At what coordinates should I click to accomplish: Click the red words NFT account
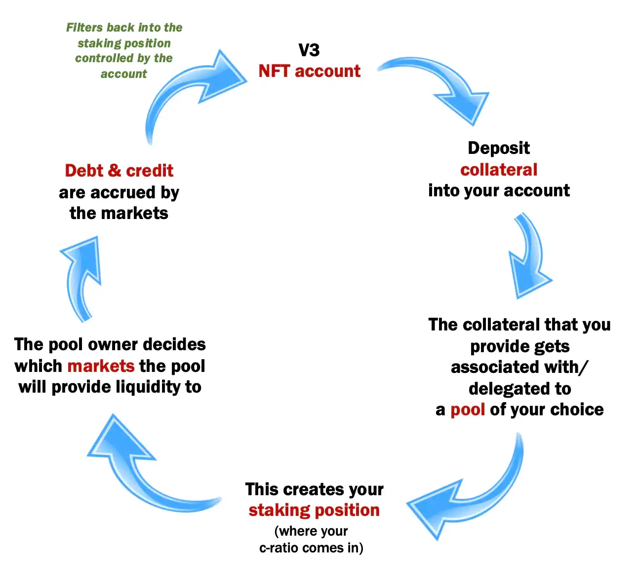pyautogui.click(x=309, y=71)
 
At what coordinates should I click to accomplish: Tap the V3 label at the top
pyautogui.click(x=309, y=50)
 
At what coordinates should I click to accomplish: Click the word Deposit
pyautogui.click(x=499, y=148)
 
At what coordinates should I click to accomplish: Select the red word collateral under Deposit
pyautogui.click(x=499, y=170)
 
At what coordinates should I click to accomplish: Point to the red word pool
pyautogui.click(x=468, y=410)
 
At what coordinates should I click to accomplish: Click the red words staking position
pyautogui.click(x=314, y=511)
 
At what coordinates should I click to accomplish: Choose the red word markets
pyautogui.click(x=101, y=366)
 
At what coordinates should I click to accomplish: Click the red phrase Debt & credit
pyautogui.click(x=119, y=171)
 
